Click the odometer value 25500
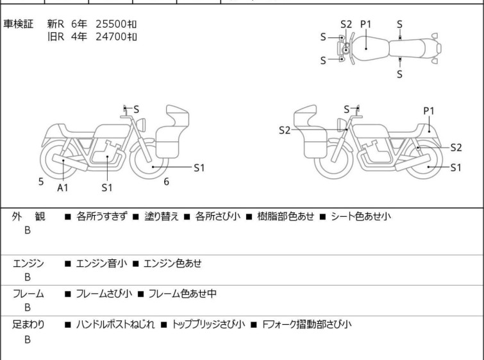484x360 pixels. point(111,24)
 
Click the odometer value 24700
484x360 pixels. point(111,37)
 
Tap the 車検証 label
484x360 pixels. point(18,24)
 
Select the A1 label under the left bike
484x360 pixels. point(63,187)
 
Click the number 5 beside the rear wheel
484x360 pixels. point(41,182)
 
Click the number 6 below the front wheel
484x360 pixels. point(167,182)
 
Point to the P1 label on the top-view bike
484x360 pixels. point(366,24)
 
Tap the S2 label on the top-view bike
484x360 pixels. point(346,24)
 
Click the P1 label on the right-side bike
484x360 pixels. point(429,110)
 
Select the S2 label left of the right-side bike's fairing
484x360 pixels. point(285,130)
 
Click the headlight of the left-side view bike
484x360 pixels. point(142,125)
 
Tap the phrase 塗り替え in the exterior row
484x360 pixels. point(162,216)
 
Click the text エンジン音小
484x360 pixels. point(101,263)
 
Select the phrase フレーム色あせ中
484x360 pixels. point(183,293)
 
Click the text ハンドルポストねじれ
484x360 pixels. point(115,324)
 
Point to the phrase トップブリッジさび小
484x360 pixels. point(208,324)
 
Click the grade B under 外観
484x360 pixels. point(28,230)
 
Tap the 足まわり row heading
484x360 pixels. point(28,324)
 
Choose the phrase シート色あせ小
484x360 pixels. point(361,216)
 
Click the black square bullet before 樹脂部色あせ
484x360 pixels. point(249,217)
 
